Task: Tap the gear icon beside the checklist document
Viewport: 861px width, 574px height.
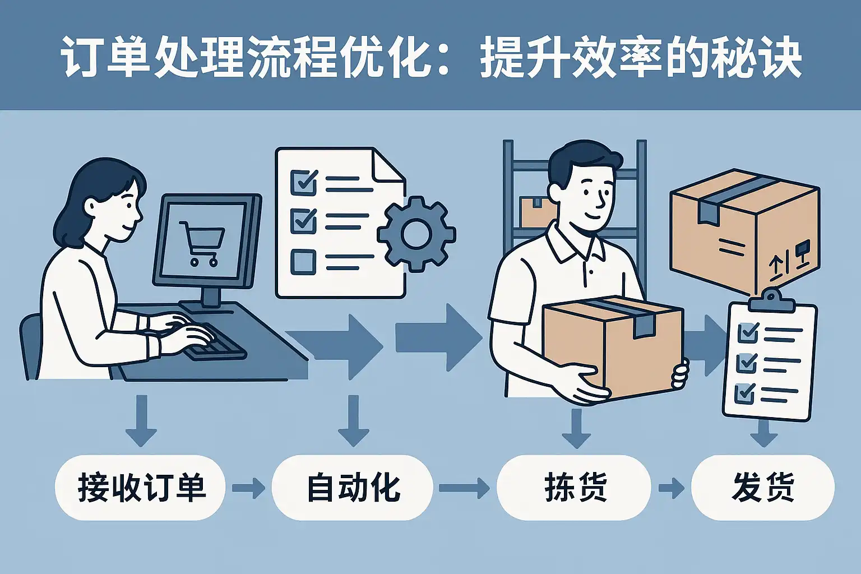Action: click(416, 234)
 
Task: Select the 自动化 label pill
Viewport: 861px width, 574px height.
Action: click(352, 487)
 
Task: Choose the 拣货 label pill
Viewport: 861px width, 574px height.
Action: click(574, 487)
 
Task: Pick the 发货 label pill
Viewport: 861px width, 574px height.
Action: click(762, 487)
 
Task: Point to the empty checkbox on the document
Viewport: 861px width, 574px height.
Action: click(303, 261)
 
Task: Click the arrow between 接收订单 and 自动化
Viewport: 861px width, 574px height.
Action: click(248, 488)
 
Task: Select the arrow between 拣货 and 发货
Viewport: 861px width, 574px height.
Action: click(671, 488)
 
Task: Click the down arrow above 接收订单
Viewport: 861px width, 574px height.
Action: click(141, 420)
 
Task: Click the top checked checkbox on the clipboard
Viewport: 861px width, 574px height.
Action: click(748, 332)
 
